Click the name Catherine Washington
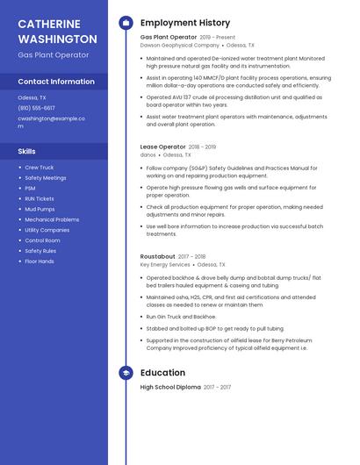coord(57,32)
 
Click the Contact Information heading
coord(56,82)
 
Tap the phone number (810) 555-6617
coord(37,108)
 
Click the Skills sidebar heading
coord(26,151)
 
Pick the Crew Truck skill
coord(39,167)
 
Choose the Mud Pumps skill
coord(40,209)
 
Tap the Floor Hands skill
coord(39,261)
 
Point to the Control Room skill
coord(42,240)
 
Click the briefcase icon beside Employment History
coord(126,22)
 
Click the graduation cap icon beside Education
coord(126,373)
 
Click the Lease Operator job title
coord(162,147)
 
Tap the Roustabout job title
coord(157,256)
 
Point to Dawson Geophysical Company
coord(179,45)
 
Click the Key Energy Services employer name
coord(165,264)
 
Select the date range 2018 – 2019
coord(202,147)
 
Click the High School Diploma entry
coord(170,387)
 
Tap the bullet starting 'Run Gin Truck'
coord(181,316)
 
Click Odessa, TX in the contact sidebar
coord(32,97)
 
